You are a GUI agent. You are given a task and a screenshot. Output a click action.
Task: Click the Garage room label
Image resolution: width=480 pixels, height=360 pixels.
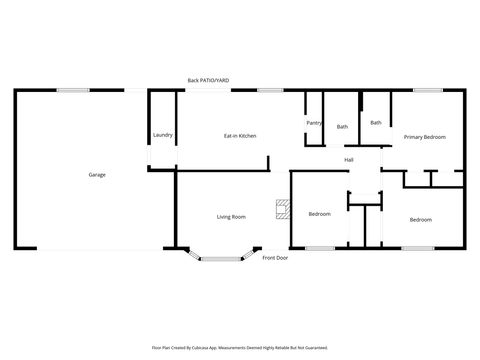tap(97, 175)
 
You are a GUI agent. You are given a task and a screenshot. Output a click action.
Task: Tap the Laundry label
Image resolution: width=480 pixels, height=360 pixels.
tap(163, 135)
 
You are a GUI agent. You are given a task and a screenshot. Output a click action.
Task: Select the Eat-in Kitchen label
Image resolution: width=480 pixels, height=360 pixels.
tap(240, 135)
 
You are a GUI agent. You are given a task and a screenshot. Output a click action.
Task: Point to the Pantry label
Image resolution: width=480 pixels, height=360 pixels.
tap(312, 123)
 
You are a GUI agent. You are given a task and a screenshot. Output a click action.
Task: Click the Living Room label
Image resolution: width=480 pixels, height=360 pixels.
tap(232, 217)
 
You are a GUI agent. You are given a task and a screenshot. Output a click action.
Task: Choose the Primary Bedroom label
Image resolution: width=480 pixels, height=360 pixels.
tap(424, 136)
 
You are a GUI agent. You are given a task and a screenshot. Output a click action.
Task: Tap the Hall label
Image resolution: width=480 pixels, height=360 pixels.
tap(349, 160)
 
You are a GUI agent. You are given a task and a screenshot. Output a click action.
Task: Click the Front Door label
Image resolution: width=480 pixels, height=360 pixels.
tap(275, 258)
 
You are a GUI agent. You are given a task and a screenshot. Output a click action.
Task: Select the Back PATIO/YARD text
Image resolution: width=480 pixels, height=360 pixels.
tap(207, 80)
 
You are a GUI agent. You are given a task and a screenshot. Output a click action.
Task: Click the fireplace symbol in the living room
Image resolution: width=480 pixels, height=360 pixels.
tap(283, 210)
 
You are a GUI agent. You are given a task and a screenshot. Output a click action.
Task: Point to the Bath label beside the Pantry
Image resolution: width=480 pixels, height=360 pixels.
tap(342, 127)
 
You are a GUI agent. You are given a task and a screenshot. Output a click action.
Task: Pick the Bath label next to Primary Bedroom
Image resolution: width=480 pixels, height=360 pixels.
tap(376, 123)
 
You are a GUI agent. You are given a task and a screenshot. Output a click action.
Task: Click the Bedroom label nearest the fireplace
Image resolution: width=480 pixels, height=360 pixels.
tap(320, 214)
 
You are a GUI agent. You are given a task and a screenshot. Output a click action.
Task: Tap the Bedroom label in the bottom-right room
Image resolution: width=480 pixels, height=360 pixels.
tap(420, 219)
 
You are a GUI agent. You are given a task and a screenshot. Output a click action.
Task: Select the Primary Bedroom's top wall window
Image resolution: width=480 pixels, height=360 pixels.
tap(428, 91)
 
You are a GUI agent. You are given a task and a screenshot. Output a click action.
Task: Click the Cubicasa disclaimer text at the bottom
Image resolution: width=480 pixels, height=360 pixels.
tap(240, 347)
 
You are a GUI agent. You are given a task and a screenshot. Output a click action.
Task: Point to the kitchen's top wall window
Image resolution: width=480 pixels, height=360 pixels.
tap(269, 91)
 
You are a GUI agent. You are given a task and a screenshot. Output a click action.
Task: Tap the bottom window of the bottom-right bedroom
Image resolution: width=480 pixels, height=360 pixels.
tap(418, 248)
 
